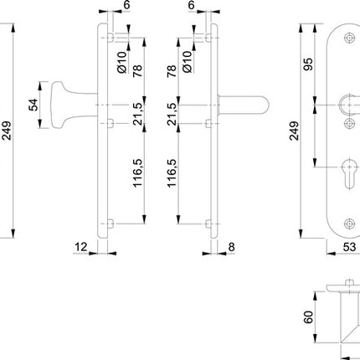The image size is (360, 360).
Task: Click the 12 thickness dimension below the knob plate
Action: click(80, 248)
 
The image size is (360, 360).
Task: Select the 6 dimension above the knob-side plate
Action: click(126, 5)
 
